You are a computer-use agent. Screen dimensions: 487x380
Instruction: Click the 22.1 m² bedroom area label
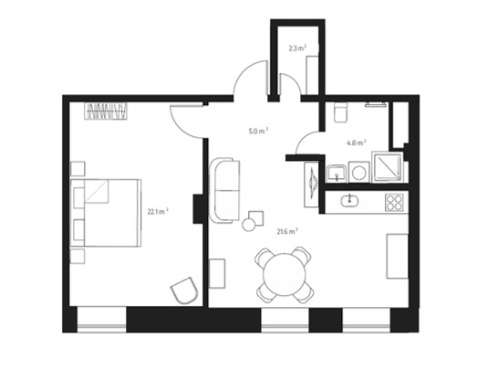[158, 211]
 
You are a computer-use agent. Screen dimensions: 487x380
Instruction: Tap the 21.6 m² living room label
[287, 231]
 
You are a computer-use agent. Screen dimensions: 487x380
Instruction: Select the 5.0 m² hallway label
[258, 131]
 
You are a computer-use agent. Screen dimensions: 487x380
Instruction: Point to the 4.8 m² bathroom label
[357, 142]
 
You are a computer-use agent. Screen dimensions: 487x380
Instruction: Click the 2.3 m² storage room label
[297, 48]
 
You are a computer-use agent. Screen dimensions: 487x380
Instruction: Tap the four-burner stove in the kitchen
[394, 203]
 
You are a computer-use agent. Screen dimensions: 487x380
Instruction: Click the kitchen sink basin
[349, 201]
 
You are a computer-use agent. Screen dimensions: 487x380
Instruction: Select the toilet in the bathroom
[341, 112]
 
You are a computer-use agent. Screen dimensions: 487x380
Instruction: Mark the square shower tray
[387, 166]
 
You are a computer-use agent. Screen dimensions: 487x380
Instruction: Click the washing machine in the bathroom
[359, 172]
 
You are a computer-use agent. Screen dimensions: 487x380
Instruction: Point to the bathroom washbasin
[337, 173]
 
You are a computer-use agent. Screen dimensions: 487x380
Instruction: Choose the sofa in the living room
[224, 190]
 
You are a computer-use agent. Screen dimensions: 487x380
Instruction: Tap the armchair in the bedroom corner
[184, 290]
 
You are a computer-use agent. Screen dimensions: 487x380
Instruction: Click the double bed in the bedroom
[106, 213]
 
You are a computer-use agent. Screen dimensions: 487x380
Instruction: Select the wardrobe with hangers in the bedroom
[106, 111]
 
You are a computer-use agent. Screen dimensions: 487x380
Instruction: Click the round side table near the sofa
[248, 225]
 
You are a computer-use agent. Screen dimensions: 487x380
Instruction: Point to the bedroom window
[101, 320]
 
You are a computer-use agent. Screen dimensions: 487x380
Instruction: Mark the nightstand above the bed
[78, 169]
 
